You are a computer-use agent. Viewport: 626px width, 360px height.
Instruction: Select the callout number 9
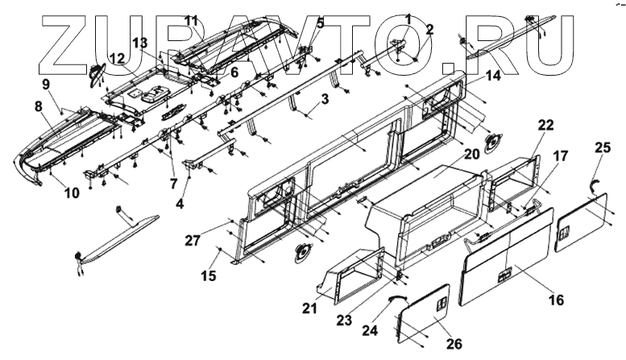(46, 83)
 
